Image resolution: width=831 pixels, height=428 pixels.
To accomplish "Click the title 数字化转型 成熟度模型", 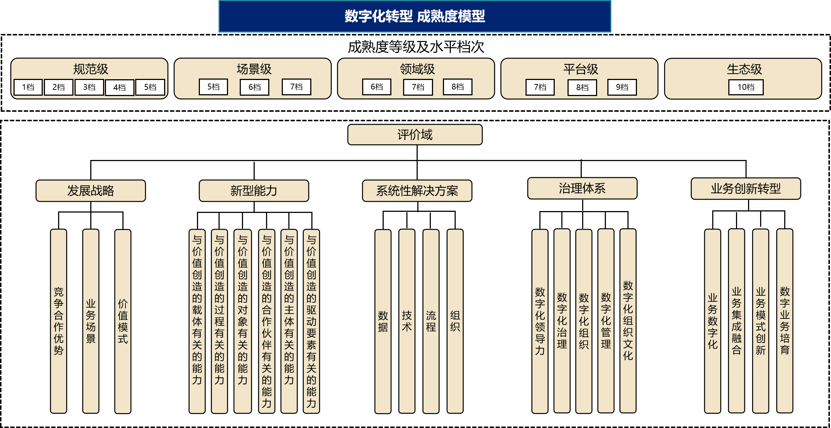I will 415,16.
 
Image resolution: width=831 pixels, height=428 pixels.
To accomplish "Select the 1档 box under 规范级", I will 28,87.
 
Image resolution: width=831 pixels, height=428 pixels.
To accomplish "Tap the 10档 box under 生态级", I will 746,87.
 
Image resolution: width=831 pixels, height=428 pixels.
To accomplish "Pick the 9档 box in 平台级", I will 622,87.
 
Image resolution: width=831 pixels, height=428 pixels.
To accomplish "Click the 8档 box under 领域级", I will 458,87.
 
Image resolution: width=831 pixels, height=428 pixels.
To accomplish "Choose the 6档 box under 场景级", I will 254,87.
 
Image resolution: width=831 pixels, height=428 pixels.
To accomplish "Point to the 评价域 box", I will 415,135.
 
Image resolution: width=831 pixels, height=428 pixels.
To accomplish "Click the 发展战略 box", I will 91,191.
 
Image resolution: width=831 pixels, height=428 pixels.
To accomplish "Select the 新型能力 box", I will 254,191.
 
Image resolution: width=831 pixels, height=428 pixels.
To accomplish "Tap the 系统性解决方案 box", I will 417,191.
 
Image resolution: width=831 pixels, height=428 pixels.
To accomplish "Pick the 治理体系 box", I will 582,188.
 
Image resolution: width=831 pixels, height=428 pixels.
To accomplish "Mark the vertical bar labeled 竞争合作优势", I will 58,321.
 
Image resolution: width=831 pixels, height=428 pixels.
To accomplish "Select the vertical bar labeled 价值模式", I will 123,321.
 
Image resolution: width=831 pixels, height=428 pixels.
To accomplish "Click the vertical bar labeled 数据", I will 383,321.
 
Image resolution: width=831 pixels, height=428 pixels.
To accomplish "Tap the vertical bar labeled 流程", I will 431,321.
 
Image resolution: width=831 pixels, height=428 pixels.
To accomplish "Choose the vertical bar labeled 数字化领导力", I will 540,321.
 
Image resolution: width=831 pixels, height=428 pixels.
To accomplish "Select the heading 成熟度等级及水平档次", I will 416,47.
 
